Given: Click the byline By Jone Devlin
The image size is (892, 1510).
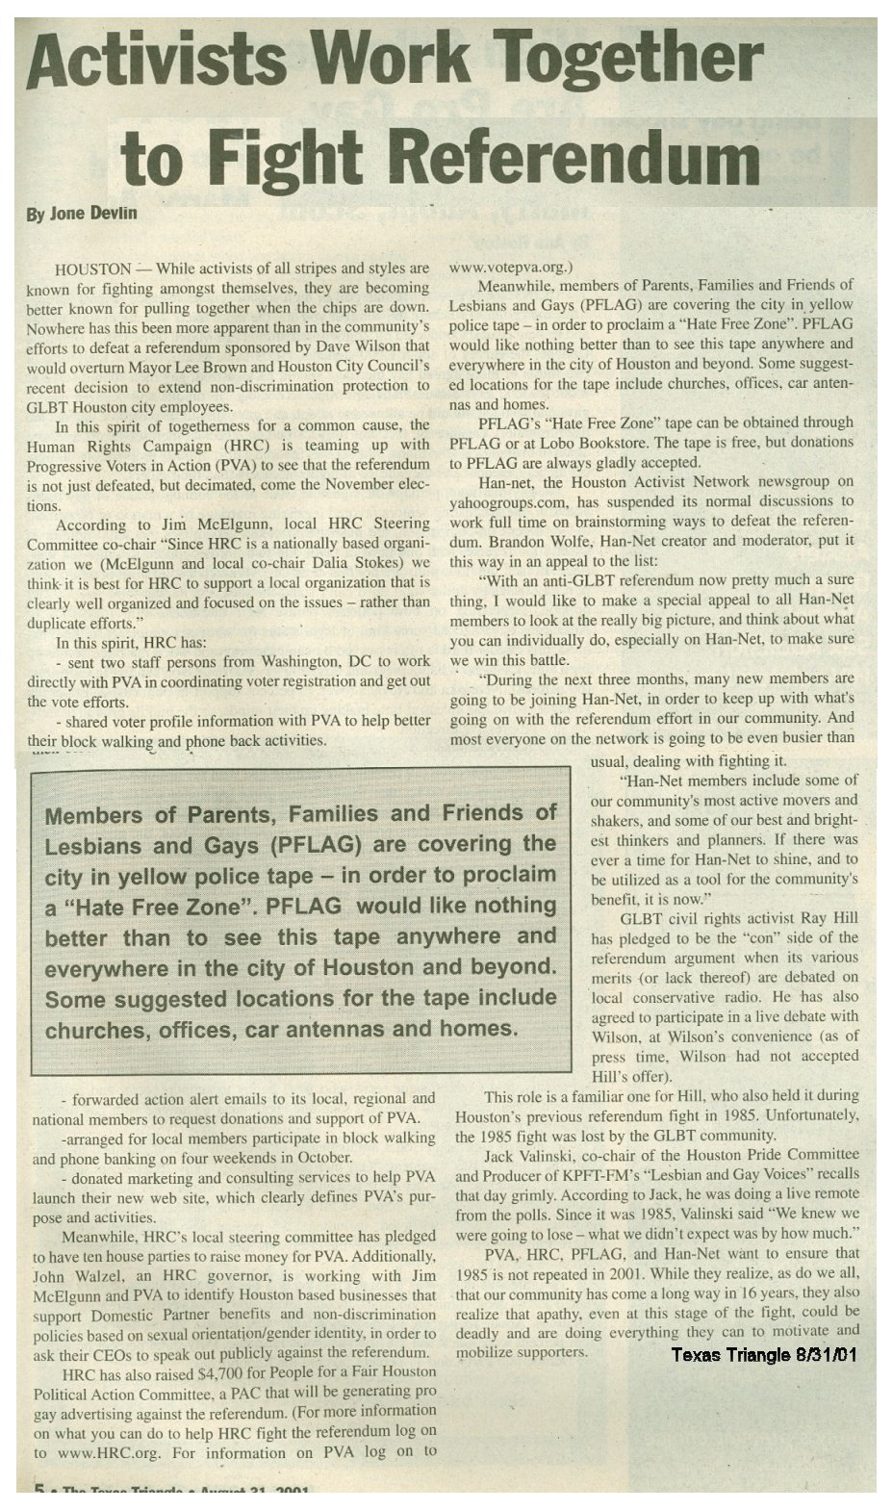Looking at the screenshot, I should click(81, 213).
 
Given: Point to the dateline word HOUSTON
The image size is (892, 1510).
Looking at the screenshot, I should click(93, 268).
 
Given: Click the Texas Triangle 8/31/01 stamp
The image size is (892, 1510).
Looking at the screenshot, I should click(763, 1355).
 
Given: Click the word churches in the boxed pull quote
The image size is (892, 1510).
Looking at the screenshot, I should click(97, 1031).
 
